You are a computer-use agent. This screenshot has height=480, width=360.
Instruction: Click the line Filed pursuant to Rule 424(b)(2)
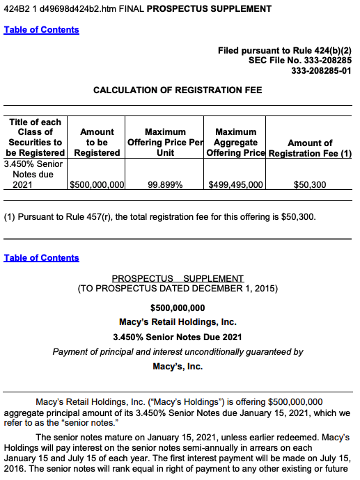(x=285, y=51)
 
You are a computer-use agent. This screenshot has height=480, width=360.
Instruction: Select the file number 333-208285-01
(x=321, y=70)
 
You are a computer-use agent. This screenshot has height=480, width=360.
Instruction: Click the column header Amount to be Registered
(x=97, y=142)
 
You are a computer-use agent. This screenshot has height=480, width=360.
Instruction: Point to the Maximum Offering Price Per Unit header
(x=165, y=142)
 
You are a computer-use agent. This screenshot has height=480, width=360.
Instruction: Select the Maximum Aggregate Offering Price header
(x=235, y=142)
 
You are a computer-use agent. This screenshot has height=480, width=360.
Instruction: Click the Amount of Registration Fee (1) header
(x=310, y=147)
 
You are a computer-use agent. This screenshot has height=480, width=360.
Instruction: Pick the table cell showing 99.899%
(x=165, y=185)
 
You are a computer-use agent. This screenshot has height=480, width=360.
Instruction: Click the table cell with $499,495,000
(x=235, y=185)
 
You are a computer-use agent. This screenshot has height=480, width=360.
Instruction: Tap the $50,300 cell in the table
(x=310, y=185)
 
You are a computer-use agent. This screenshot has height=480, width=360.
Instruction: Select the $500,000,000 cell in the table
(x=97, y=185)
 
